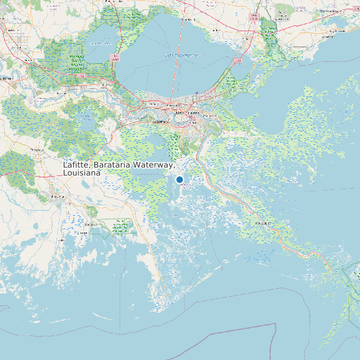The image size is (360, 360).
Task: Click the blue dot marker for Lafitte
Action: (x=179, y=179)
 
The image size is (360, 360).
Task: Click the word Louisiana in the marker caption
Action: (x=82, y=173)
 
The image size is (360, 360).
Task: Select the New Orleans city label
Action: (x=188, y=114)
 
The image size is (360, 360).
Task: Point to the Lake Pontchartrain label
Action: (x=182, y=55)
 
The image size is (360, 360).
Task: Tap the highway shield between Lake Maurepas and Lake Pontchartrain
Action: (x=117, y=58)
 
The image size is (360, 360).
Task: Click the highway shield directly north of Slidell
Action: (x=253, y=15)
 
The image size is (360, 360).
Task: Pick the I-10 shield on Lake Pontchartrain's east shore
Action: (x=238, y=60)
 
